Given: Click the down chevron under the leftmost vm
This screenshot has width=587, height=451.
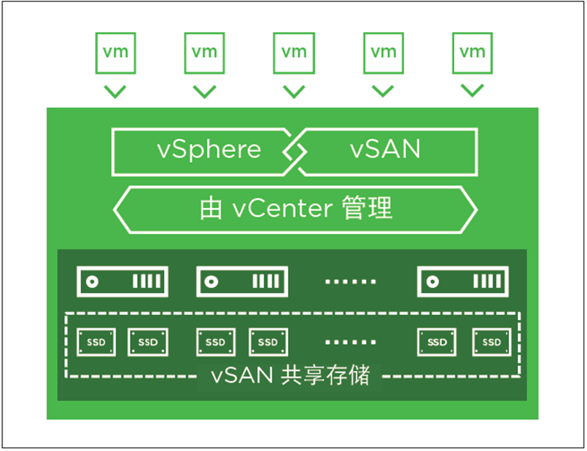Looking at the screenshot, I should point(115,91).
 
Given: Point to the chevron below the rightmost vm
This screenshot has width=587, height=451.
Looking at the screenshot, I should point(473,91).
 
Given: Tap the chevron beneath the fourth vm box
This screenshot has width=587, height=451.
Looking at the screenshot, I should point(383,91).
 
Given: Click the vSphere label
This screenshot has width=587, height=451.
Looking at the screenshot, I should point(210,150).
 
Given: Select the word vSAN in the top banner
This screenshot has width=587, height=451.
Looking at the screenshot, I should point(385,150).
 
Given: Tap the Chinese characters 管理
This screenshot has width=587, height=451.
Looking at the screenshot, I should point(368,209).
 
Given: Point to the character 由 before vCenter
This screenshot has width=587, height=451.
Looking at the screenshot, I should point(211,210).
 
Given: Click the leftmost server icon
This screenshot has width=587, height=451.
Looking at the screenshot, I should point(123,282).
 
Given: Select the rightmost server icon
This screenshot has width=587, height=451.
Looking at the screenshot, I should point(462,282).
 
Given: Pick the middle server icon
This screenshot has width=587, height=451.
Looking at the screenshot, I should point(242,282).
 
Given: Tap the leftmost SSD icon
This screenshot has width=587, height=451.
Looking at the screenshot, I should point(96,342).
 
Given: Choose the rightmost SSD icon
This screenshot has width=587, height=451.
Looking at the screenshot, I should point(491,342).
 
